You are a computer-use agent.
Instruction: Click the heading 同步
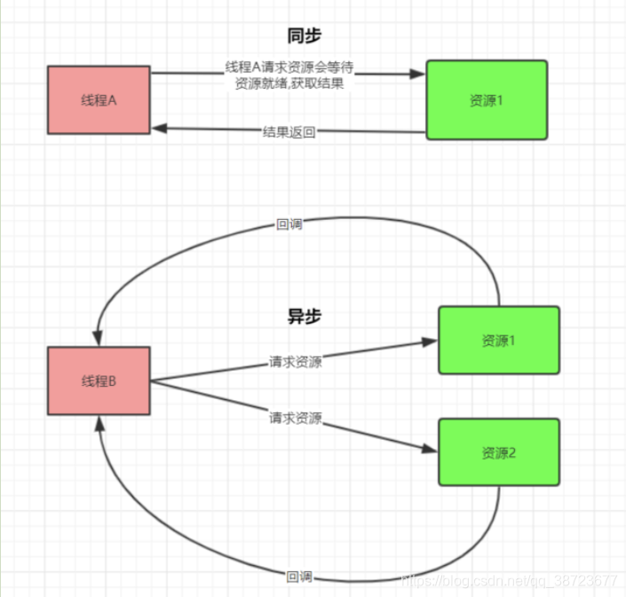(304, 36)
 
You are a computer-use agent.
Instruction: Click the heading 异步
(304, 316)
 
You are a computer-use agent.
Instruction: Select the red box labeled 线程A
(99, 99)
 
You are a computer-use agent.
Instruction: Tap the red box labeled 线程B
(99, 381)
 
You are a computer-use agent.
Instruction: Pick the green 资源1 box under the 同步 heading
(487, 99)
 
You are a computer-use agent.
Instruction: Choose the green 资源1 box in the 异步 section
(499, 340)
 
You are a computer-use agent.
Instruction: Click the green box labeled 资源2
(499, 452)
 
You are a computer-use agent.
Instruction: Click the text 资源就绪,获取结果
(289, 83)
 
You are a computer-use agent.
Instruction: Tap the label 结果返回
(289, 132)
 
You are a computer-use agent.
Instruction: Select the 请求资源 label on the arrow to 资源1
(296, 362)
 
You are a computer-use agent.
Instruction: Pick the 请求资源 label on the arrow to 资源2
(296, 417)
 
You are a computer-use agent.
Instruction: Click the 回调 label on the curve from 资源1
(289, 224)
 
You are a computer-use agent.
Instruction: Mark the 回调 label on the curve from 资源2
(299, 577)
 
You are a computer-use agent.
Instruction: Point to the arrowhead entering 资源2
(431, 450)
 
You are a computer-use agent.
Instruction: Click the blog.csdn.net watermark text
(509, 580)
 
